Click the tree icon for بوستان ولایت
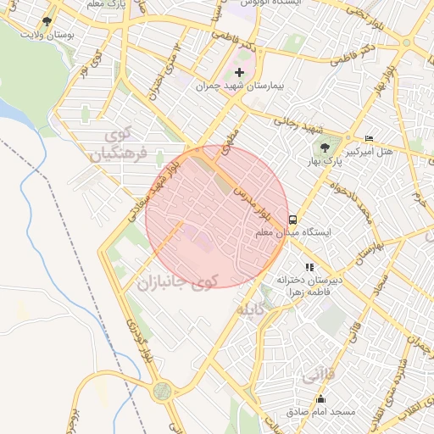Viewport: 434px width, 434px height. click(47, 22)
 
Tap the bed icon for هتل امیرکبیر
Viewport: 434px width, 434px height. click(368, 138)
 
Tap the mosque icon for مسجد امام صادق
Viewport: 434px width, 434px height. click(320, 398)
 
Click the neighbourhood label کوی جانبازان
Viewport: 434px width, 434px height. click(176, 281)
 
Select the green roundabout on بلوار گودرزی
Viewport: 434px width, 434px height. click(162, 390)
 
